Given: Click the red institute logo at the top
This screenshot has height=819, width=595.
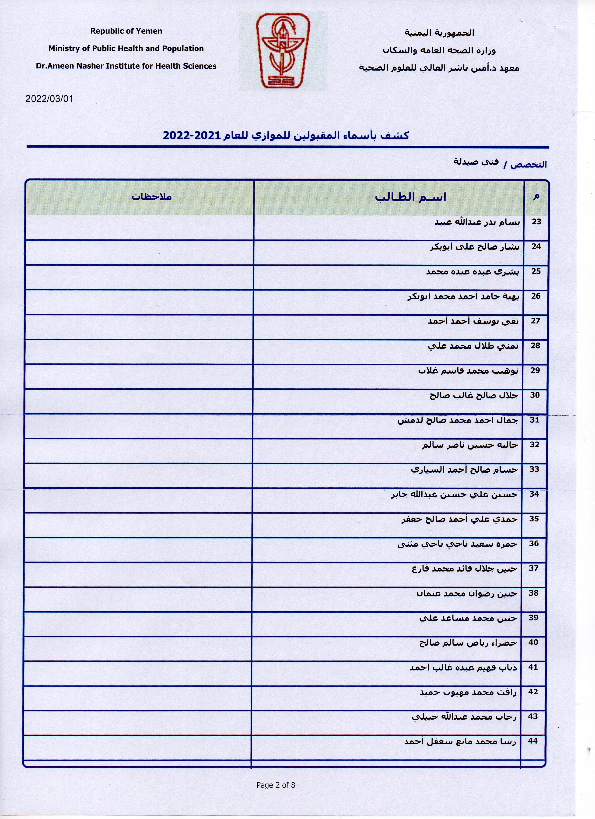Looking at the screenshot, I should [283, 51].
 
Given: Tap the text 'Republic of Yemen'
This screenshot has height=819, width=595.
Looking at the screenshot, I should [126, 31].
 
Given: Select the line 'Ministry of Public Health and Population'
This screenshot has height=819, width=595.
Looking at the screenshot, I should [126, 48].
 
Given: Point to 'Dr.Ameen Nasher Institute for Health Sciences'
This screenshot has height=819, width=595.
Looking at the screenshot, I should [126, 66].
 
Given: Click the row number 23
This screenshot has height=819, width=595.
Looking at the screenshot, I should [536, 222].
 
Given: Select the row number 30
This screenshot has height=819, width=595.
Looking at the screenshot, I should [535, 395].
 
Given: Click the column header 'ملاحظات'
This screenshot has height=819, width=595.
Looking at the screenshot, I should [151, 197].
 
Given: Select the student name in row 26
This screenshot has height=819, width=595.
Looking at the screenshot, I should [463, 296].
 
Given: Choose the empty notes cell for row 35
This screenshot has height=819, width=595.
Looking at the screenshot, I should [139, 525].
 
